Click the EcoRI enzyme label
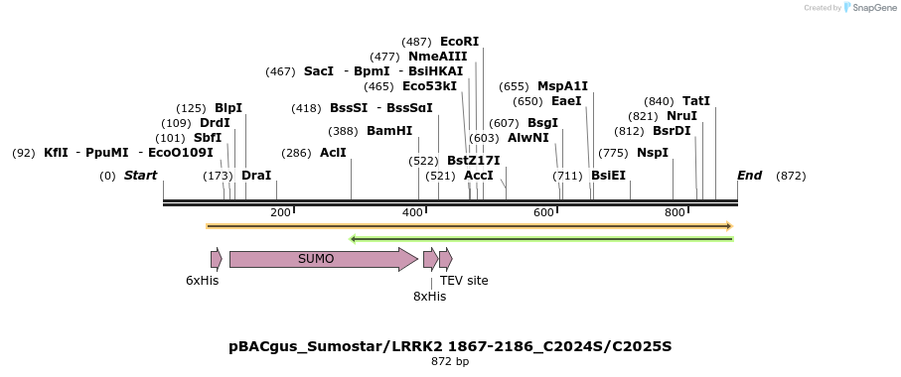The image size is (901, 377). coord(459,42)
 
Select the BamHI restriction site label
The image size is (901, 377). coord(389,131)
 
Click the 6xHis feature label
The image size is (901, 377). coord(202,281)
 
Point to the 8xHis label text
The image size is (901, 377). coord(429,296)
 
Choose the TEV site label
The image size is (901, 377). coord(464,281)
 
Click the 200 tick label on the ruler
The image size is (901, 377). coord(280,212)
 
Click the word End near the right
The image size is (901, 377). coord(749,176)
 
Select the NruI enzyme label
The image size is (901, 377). coord(681,116)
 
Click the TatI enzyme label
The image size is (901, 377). coord(696,101)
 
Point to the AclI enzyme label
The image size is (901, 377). coord(333,153)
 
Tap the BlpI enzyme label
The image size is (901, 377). coord(228,108)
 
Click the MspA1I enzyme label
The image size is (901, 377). coord(562,86)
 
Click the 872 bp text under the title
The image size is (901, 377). coord(450,362)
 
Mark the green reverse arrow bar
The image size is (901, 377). coord(542,239)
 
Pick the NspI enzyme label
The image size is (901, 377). coord(653,153)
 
